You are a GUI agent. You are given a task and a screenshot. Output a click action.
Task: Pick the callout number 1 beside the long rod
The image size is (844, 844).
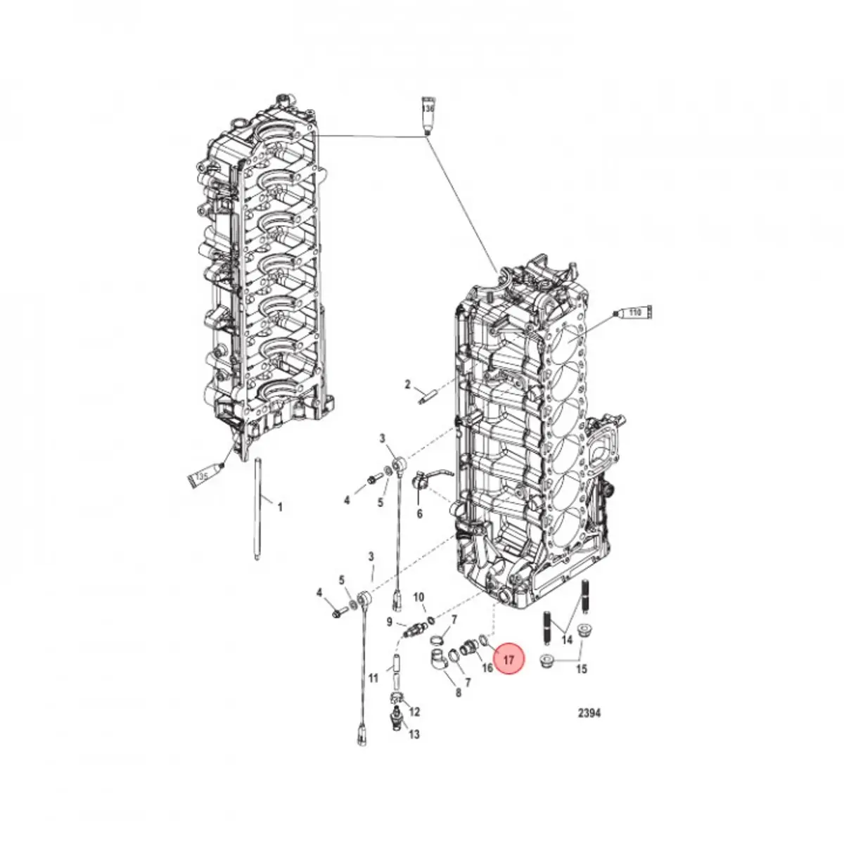click(279, 506)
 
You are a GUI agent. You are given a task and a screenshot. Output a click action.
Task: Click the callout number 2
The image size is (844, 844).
click(407, 384)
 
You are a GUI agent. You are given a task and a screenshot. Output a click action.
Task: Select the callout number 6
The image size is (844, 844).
click(420, 514)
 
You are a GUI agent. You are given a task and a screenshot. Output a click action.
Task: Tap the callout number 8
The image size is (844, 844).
click(459, 692)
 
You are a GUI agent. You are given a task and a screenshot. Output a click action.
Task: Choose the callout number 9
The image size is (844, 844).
click(389, 621)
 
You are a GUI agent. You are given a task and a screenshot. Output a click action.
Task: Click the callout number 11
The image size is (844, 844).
click(373, 679)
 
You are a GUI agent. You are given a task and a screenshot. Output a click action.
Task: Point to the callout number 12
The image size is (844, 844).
click(414, 712)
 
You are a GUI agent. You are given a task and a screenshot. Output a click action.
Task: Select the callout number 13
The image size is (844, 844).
click(414, 734)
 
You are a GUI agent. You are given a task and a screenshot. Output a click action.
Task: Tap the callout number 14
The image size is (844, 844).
click(567, 640)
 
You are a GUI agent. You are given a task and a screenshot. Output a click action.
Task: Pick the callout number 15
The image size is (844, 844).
click(581, 669)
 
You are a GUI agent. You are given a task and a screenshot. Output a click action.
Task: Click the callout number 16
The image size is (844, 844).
click(487, 667)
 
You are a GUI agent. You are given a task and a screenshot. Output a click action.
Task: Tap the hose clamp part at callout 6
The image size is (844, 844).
click(424, 482)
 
